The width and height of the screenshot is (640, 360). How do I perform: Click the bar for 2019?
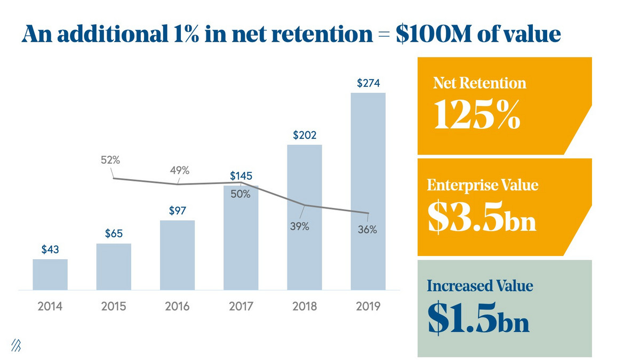pyautogui.click(x=368, y=192)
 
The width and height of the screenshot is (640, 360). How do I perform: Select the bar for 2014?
pyautogui.click(x=50, y=275)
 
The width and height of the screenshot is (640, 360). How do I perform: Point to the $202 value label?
pyautogui.click(x=305, y=135)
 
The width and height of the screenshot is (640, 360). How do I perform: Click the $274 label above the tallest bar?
pyautogui.click(x=368, y=84)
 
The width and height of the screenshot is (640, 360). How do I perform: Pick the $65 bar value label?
pyautogui.click(x=114, y=234)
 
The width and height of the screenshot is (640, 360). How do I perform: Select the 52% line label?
pyautogui.click(x=110, y=160)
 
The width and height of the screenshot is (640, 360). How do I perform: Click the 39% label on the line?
pyautogui.click(x=299, y=226)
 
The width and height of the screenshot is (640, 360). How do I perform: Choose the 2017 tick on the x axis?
pyautogui.click(x=241, y=307)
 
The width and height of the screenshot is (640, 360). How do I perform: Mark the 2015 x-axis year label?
pyautogui.click(x=114, y=307)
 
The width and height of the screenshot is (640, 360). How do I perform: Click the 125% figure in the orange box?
pyautogui.click(x=476, y=115)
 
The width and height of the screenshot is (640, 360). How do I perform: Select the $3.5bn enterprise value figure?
pyautogui.click(x=482, y=219)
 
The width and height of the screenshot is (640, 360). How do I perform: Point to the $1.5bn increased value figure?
pyautogui.click(x=478, y=319)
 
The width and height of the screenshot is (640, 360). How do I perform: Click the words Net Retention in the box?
pyautogui.click(x=479, y=83)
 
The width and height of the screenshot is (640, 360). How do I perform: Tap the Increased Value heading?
pyautogui.click(x=480, y=286)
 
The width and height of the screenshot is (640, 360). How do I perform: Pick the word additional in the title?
pyautogui.click(x=106, y=34)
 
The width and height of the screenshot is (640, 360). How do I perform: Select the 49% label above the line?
pyautogui.click(x=180, y=171)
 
